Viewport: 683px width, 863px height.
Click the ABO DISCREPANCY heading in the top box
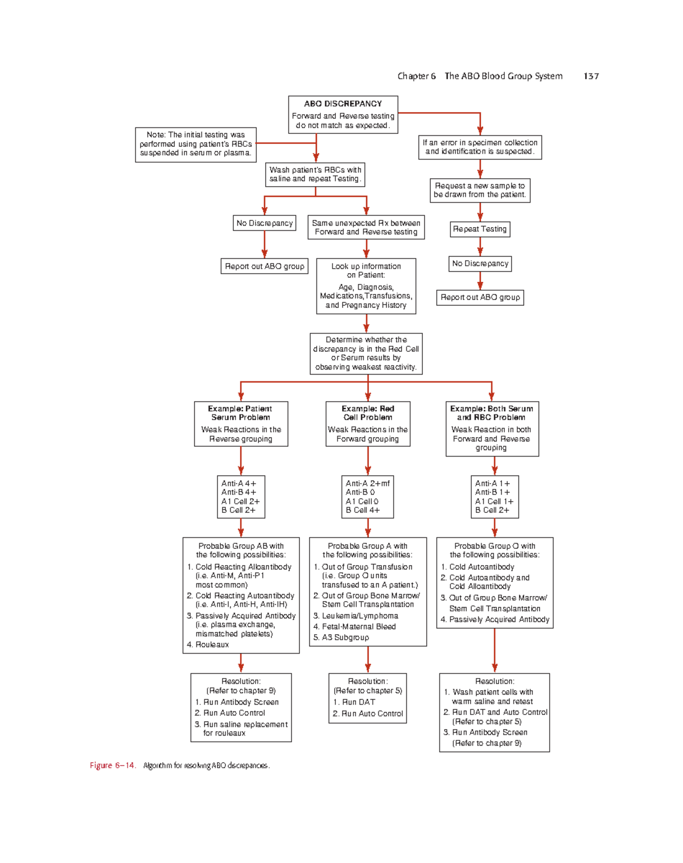343,104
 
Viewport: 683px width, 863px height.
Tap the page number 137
591,76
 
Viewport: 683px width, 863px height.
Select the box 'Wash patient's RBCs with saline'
315,174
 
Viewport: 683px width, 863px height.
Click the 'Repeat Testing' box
480,229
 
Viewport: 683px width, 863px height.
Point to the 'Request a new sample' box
480,190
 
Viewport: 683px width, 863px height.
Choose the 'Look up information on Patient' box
366,286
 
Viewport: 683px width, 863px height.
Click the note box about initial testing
196,144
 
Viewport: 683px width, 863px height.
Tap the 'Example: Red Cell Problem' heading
368,413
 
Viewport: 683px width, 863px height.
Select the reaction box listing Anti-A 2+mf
368,497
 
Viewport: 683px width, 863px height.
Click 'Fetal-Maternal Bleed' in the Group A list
359,626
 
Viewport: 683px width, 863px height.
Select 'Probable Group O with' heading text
495,545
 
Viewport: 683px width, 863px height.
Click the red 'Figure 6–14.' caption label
112,765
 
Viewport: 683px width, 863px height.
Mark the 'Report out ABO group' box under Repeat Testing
480,297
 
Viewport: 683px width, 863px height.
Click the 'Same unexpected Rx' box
366,227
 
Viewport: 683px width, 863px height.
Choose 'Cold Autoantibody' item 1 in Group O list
482,566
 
